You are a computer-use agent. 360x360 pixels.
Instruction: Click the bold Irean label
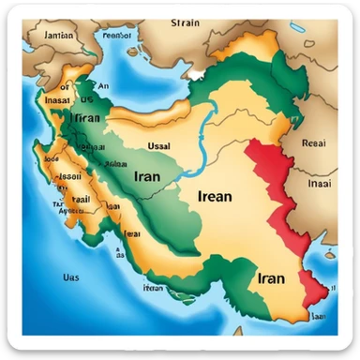click(x=221, y=196)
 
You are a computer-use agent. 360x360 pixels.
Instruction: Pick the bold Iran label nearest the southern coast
click(x=271, y=277)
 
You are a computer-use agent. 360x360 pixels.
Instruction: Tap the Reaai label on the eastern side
click(x=313, y=143)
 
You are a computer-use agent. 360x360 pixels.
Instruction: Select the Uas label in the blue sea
click(x=70, y=277)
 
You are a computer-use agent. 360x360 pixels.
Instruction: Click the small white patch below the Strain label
click(x=196, y=71)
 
